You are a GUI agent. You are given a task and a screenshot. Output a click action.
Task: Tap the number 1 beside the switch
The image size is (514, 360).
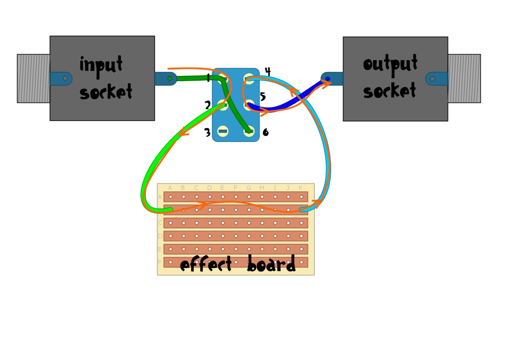point(208,79)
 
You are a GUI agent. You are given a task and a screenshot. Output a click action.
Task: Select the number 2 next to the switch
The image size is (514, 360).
point(208,105)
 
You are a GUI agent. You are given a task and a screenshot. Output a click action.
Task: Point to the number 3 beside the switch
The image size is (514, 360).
point(207,133)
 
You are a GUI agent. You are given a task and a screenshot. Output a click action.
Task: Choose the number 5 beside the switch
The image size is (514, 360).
point(263,96)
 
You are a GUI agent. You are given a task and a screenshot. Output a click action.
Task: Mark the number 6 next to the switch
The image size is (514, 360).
point(265,132)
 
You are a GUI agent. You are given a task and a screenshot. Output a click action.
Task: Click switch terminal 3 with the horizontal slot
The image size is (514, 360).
point(223,131)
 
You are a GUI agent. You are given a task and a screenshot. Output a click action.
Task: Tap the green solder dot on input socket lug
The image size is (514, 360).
point(170,79)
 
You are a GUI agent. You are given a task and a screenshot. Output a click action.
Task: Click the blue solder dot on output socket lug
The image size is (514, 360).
point(328,79)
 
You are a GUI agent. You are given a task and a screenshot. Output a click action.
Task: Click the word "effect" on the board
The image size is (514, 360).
point(206,264)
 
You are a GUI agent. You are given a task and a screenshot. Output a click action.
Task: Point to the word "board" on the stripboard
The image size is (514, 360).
point(271,264)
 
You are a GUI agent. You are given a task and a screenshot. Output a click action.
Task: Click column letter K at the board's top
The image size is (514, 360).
point(301,188)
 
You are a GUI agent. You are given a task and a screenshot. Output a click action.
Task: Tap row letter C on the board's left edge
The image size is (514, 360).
point(160,223)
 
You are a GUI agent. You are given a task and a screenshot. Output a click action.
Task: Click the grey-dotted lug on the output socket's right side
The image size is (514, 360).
point(432,79)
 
